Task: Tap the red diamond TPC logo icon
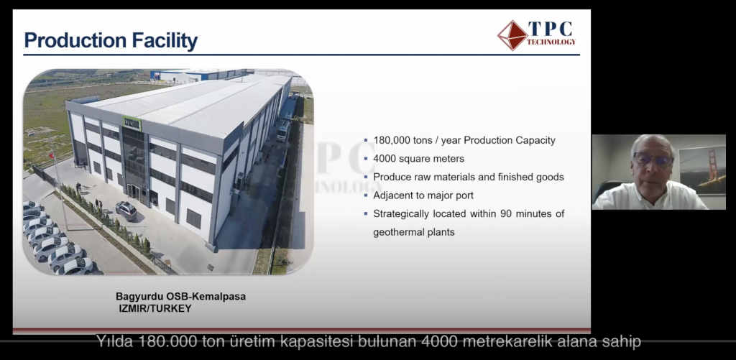click(x=512, y=35)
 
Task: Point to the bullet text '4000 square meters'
click(x=419, y=159)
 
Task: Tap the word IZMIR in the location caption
click(x=132, y=309)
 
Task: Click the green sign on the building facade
click(x=132, y=124)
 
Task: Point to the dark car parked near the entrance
click(x=126, y=211)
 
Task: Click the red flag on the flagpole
click(x=52, y=155)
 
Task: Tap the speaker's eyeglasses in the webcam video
click(x=653, y=160)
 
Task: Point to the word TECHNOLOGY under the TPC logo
click(x=551, y=42)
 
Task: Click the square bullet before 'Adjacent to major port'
click(x=366, y=195)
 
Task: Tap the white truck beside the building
click(x=283, y=131)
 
